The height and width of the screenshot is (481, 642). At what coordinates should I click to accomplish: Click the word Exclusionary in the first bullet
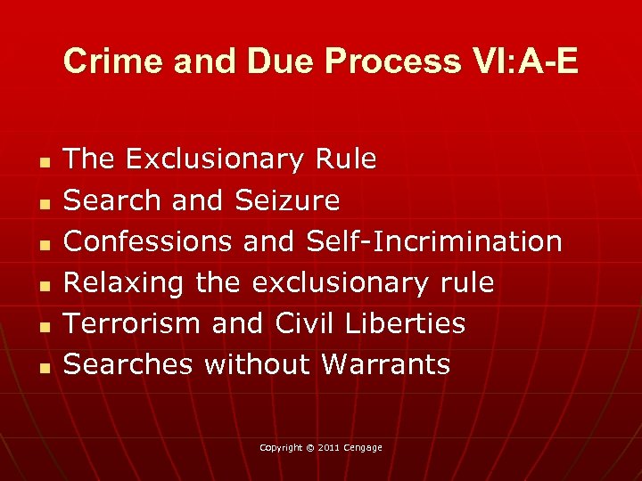click(x=216, y=159)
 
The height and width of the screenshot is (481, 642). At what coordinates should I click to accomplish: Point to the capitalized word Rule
click(x=346, y=159)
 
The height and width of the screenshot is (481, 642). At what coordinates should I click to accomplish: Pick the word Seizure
click(x=287, y=200)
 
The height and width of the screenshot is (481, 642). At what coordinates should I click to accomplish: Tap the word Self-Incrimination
click(x=434, y=241)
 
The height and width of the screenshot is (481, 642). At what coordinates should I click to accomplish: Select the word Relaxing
click(x=123, y=282)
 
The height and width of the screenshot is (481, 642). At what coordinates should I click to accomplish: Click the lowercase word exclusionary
click(x=341, y=282)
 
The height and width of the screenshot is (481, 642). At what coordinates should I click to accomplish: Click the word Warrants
click(x=386, y=364)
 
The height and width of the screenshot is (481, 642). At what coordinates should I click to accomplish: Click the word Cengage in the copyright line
click(x=364, y=447)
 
